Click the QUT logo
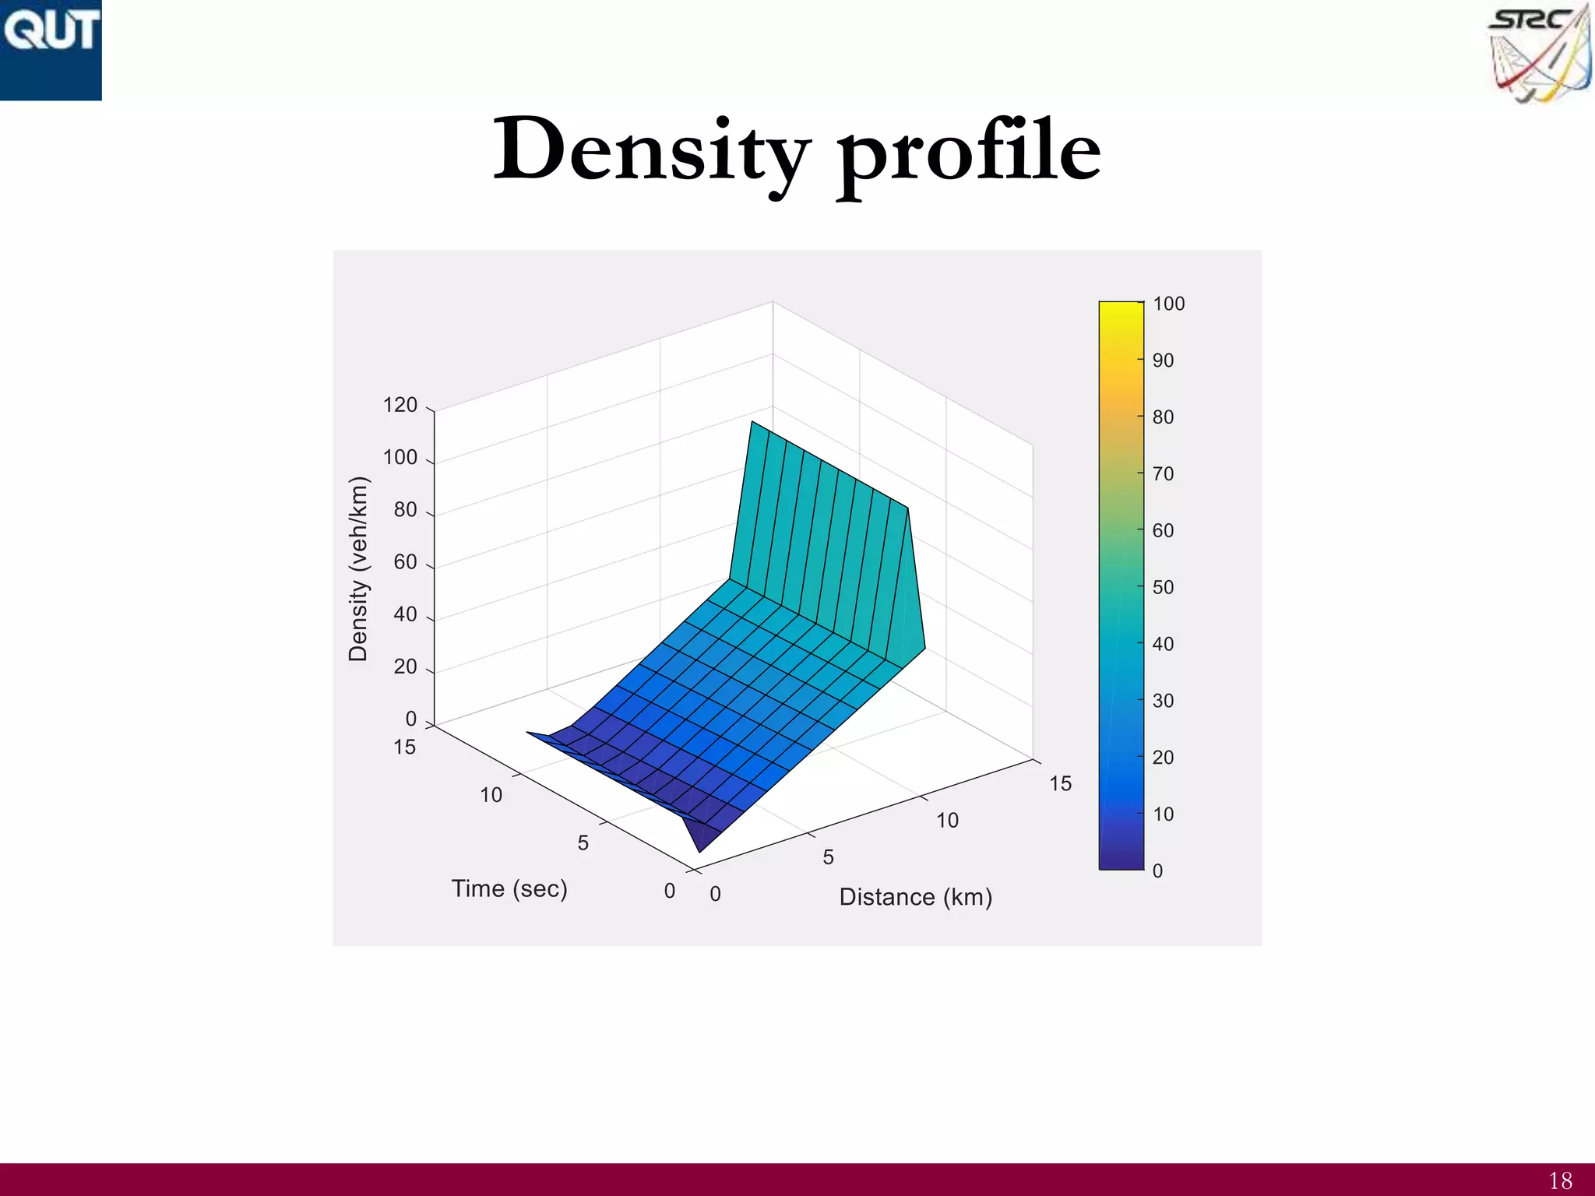51,49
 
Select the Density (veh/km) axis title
357,568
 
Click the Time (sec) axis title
509,888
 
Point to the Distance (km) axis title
915,897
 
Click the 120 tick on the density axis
400,405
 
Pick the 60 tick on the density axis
405,562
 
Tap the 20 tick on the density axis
405,667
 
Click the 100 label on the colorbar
1168,304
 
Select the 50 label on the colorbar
1163,587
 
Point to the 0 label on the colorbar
1157,871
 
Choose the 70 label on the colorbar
1163,473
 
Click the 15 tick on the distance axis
1060,783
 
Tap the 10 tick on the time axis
491,795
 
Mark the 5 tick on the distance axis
829,857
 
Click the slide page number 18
1560,1180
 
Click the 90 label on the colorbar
1163,361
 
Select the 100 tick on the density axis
400,457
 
